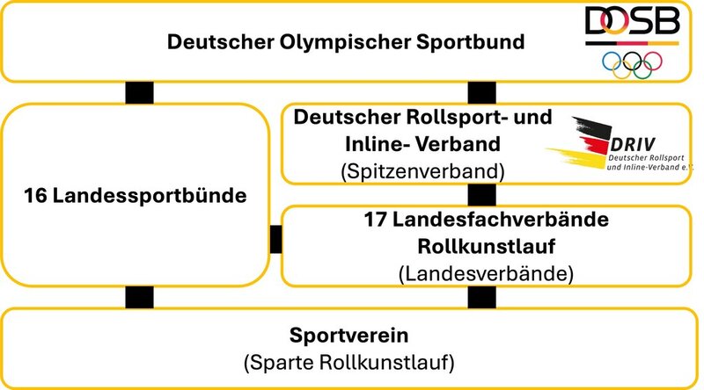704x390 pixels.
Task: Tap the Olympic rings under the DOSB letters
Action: point(631,62)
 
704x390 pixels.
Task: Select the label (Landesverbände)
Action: point(486,273)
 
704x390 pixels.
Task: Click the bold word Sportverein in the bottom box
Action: point(351,336)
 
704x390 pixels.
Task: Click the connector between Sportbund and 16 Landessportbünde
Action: point(139,92)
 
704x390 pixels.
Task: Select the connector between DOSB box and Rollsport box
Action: point(481,92)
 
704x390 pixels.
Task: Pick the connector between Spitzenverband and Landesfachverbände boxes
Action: point(481,195)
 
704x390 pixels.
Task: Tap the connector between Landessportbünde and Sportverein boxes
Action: point(139,297)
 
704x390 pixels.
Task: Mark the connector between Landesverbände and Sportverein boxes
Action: point(481,297)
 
